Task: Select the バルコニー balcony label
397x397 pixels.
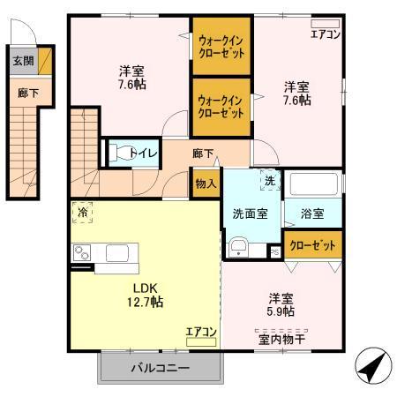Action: click(x=159, y=367)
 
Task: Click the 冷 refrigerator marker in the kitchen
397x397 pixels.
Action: click(x=82, y=213)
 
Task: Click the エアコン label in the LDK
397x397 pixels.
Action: click(x=201, y=332)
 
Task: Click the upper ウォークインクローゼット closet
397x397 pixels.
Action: click(x=221, y=46)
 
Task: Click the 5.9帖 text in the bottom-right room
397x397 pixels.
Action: click(x=281, y=311)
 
